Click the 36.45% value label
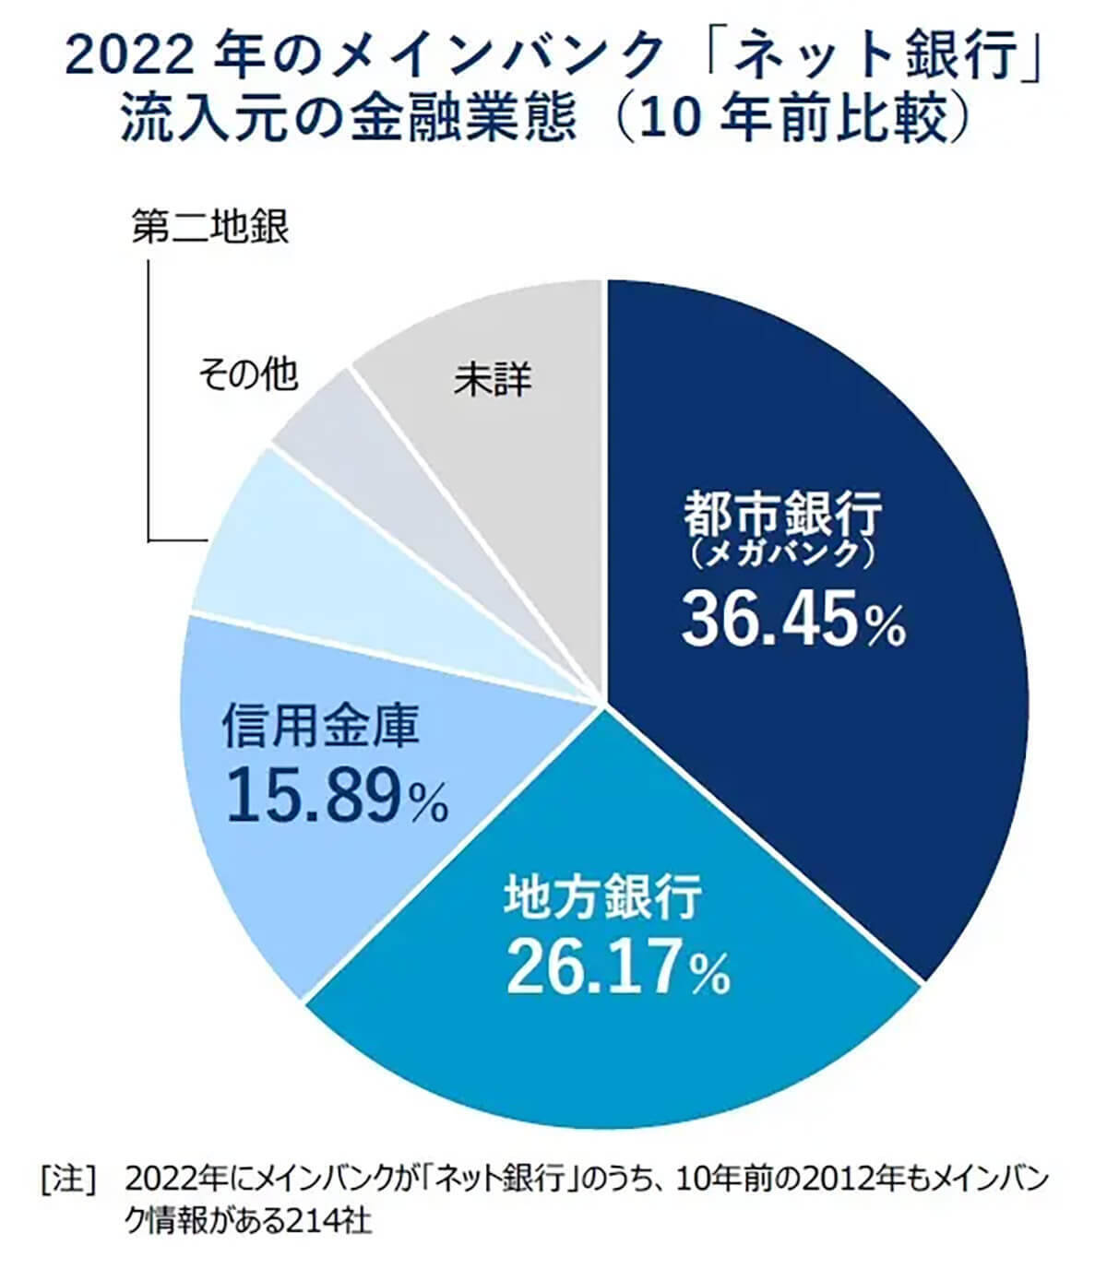792,619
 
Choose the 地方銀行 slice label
603,896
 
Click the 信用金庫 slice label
320,725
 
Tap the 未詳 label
493,378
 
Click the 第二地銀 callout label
210,227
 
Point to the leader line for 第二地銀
149,397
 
